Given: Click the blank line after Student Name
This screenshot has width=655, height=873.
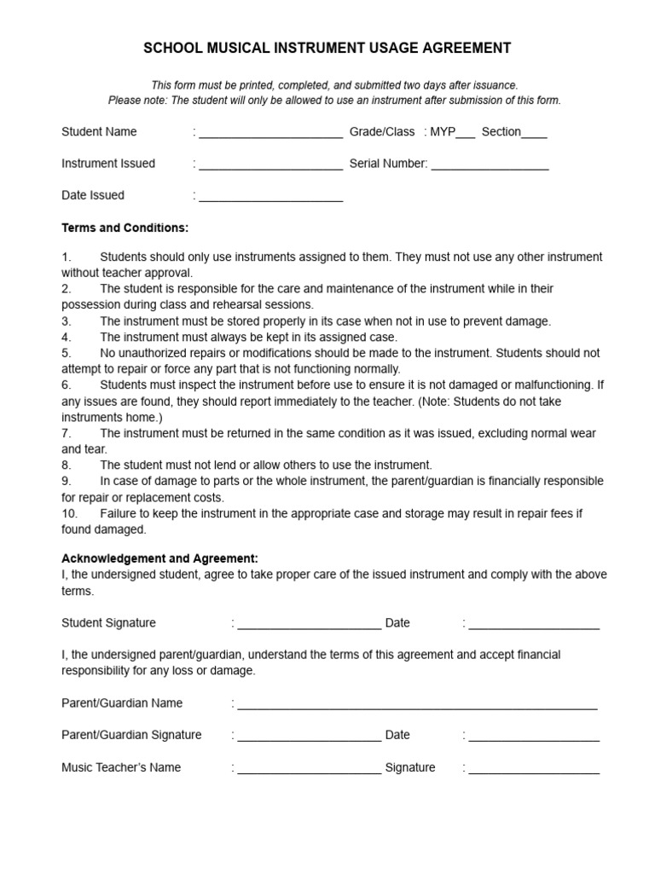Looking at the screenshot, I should coord(270,134).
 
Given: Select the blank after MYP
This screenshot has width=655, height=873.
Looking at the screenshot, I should coord(465,134).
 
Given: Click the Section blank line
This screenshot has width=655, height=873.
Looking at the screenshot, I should coord(534,134).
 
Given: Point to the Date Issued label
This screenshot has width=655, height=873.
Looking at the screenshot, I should coord(93,195).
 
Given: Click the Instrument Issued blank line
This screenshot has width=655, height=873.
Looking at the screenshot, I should coord(270,165).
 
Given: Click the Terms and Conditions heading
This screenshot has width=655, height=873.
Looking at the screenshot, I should coord(125,228).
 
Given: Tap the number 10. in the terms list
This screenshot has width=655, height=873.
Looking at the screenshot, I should coord(69,513).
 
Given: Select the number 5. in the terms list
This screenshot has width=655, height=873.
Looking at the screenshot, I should coord(66,353).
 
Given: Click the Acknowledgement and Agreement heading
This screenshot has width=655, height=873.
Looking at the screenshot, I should coord(159,558).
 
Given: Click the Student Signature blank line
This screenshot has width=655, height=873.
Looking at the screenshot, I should coord(309,625).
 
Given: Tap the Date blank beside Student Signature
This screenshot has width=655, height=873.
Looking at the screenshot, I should coord(534,625).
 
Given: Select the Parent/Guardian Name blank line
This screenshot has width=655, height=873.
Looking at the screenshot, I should coord(417,705).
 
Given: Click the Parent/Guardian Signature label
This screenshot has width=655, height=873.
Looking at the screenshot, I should coord(131,735).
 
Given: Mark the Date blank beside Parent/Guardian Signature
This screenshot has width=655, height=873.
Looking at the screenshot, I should coord(534,737).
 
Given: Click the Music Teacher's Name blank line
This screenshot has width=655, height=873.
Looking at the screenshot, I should coord(309,769).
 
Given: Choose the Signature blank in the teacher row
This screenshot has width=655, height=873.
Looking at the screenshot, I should coord(534,769).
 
